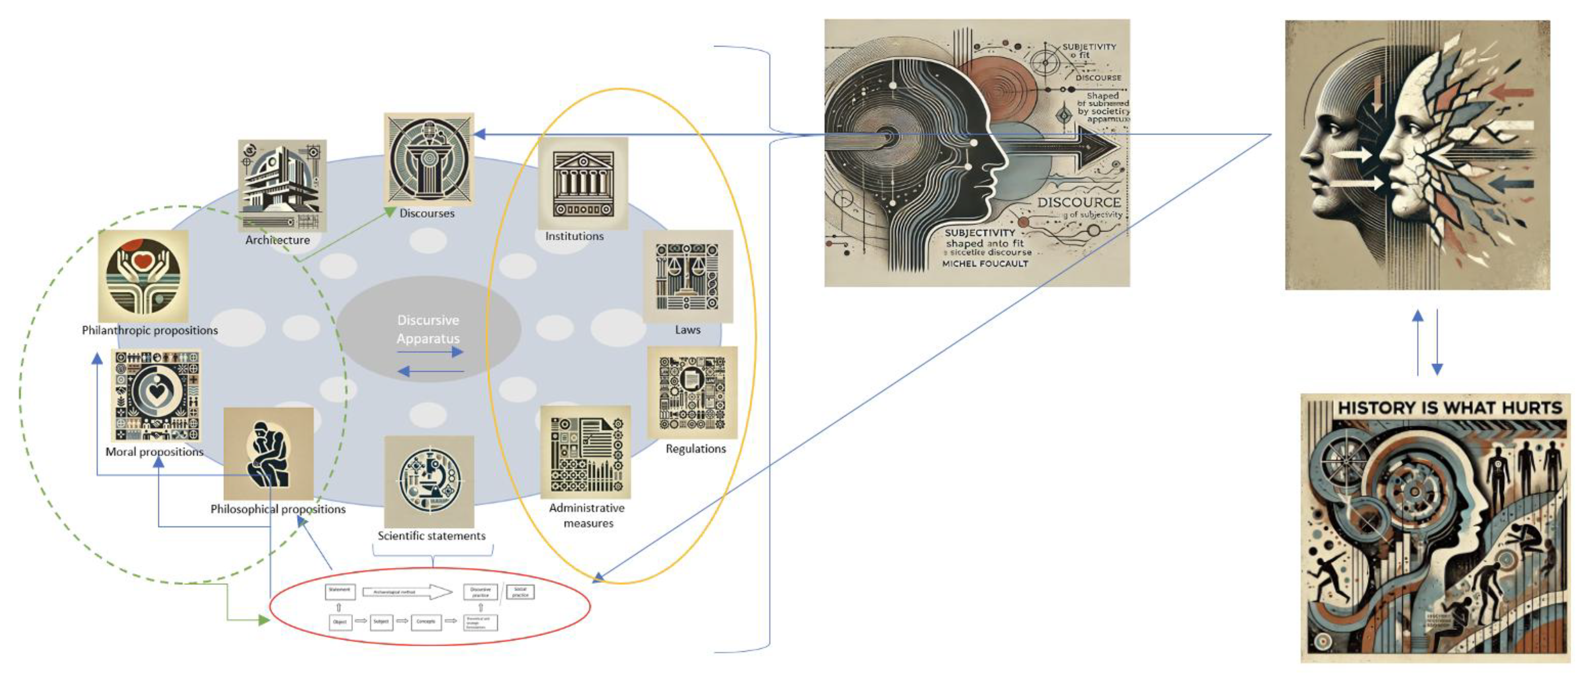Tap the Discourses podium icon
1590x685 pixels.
(x=428, y=159)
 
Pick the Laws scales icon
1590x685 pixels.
(x=687, y=276)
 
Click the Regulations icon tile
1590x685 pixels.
(x=692, y=393)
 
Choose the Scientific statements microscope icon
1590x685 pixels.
(x=429, y=481)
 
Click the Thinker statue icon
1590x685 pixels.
(x=268, y=453)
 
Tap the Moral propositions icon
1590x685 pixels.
(x=156, y=395)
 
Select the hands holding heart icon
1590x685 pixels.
(x=143, y=276)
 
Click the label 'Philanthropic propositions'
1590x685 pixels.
(x=150, y=330)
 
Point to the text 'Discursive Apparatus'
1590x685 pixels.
(x=428, y=329)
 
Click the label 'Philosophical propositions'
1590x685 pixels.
(x=278, y=509)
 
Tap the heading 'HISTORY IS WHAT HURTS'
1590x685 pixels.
(x=1449, y=408)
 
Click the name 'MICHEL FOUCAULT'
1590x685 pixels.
(x=985, y=264)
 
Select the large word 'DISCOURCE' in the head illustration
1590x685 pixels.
(x=1078, y=203)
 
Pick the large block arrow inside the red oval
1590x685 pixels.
(x=408, y=592)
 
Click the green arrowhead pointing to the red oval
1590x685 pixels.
(x=264, y=620)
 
